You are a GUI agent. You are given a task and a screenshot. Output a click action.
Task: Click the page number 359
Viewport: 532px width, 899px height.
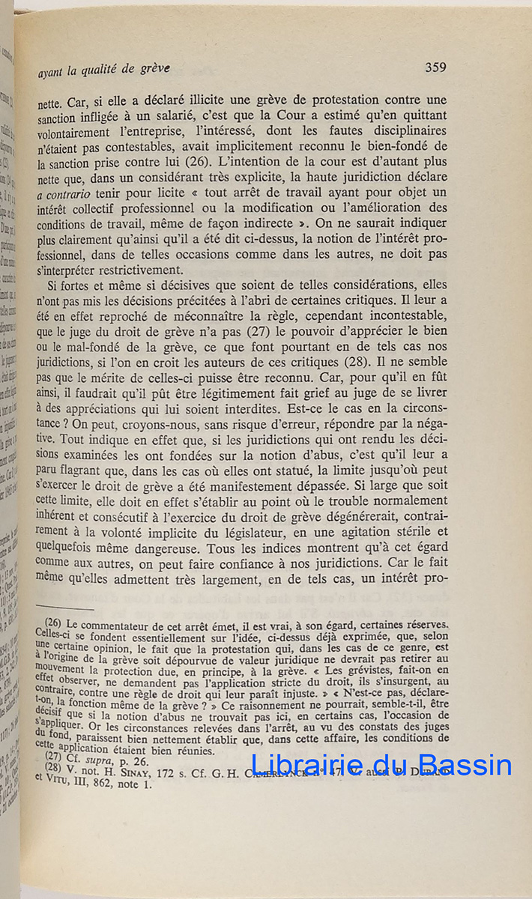click(x=435, y=67)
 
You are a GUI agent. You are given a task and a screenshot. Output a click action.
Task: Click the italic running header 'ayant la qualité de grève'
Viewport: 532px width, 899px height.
click(x=104, y=70)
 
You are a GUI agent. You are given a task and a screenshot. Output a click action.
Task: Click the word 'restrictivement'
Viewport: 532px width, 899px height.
click(x=141, y=270)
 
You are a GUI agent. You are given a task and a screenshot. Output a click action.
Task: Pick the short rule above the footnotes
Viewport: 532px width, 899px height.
click(x=64, y=608)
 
